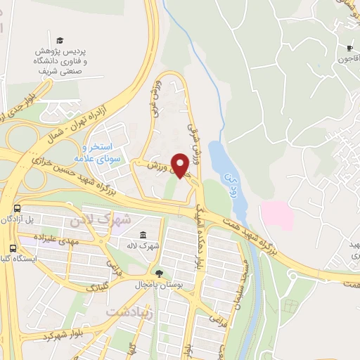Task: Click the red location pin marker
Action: (180, 165)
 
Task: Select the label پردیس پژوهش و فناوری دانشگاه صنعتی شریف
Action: (61, 62)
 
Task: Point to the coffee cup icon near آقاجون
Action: (349, 48)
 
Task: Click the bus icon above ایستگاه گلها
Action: (13, 248)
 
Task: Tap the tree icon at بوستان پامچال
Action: (160, 274)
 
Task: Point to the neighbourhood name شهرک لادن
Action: (101, 219)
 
